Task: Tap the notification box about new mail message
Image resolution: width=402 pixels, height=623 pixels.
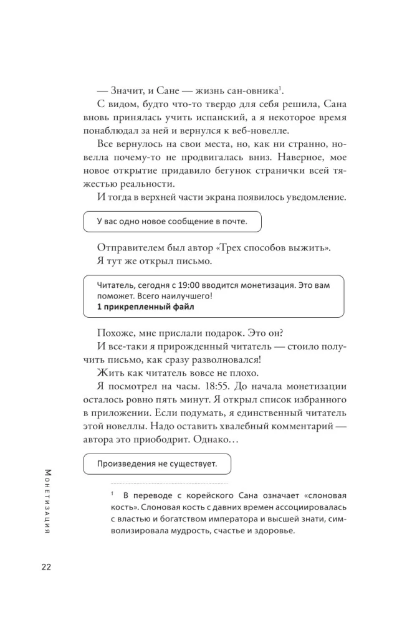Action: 172,221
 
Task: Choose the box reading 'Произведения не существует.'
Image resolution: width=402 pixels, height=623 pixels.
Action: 156,463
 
